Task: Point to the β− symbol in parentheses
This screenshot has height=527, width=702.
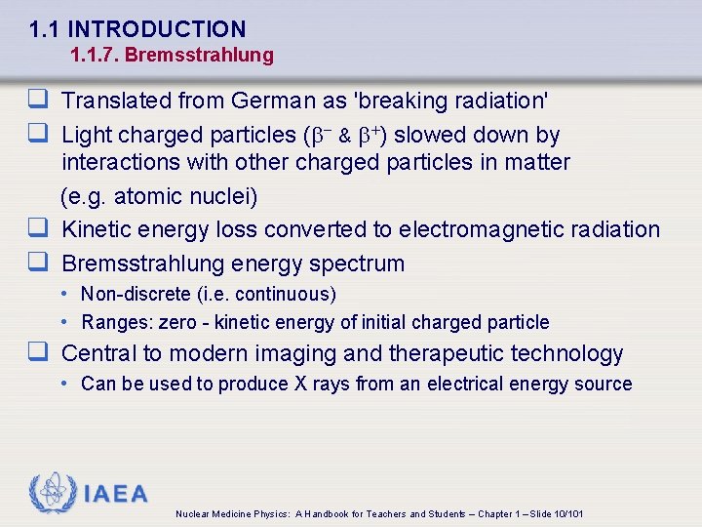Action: click(322, 135)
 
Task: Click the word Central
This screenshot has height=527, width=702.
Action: click(99, 353)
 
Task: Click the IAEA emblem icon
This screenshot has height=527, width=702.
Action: click(51, 494)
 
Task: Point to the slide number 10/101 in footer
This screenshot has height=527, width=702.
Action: click(566, 513)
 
